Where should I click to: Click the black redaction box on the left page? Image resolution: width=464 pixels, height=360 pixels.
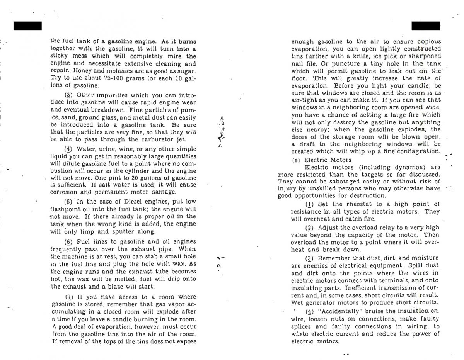pos(27,25)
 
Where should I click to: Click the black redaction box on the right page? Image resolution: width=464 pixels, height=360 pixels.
pos(425,25)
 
